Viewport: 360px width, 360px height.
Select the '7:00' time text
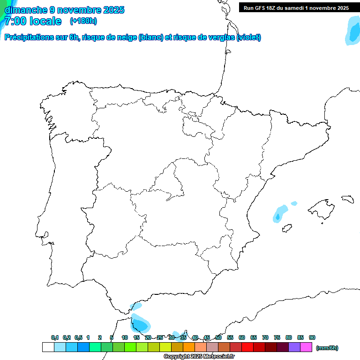17,21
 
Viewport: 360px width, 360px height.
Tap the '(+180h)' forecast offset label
83,21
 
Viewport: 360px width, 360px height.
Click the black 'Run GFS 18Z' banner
296,7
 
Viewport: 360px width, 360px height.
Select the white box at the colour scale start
48,347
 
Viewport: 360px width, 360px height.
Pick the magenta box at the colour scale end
306,347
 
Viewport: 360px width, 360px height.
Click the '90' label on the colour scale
312,337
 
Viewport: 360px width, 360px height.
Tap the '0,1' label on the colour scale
55,337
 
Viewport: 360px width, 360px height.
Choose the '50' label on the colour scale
218,337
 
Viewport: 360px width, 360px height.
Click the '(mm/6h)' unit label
327,348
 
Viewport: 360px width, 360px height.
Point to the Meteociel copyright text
199,356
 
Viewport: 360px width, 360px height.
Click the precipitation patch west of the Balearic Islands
280,213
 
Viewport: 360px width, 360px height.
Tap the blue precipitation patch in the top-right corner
352,31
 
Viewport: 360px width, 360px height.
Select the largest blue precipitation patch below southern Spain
141,323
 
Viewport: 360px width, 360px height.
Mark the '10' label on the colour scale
124,337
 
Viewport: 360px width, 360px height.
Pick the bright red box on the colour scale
247,347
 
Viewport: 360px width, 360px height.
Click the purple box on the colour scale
294,347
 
